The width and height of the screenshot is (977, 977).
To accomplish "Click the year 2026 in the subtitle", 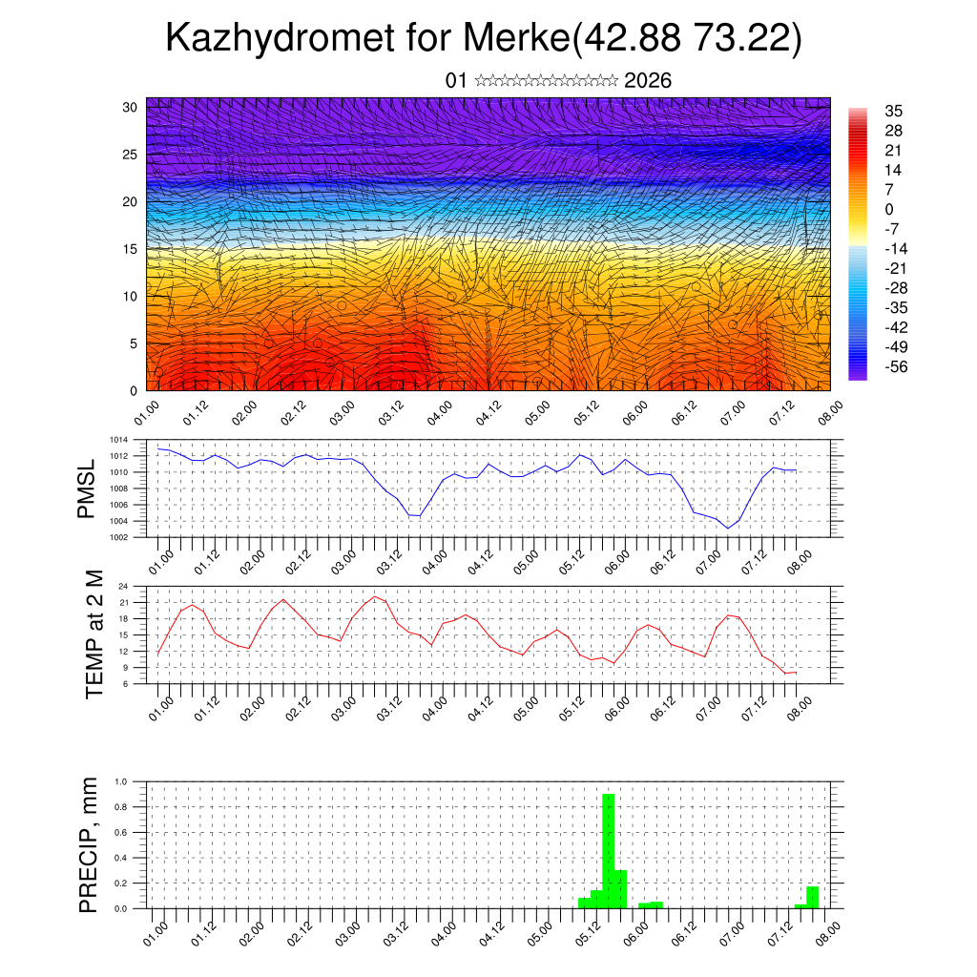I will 648,80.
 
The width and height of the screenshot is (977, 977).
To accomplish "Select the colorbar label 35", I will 894,111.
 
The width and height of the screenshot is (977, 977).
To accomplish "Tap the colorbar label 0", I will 889,209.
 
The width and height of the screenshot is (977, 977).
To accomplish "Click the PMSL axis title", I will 87,488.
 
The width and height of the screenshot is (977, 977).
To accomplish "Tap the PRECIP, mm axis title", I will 89,844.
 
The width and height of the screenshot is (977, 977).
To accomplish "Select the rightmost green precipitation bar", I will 813,897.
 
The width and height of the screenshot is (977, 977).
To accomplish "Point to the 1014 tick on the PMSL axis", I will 118,440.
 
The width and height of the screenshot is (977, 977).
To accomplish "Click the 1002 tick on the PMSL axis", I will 118,536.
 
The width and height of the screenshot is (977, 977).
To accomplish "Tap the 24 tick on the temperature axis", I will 124,586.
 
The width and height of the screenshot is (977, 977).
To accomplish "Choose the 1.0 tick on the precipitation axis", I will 121,781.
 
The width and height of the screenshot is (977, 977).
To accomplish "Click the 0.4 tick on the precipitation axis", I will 121,858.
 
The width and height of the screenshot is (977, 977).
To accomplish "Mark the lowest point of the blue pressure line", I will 728,528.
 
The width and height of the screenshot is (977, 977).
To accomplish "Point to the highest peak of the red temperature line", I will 375,596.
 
